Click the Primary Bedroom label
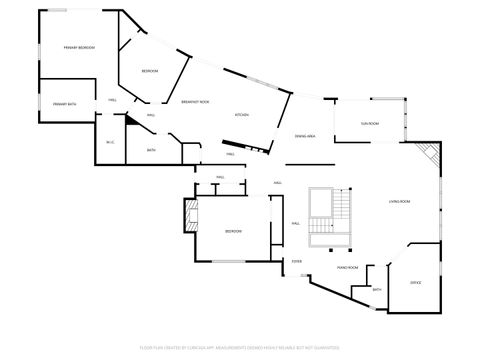tap(79, 47)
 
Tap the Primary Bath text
tap(66, 104)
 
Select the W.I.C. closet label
tap(110, 141)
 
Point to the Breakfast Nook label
tap(195, 102)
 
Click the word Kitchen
tap(241, 115)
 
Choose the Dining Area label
tap(305, 135)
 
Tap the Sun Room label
tap(370, 124)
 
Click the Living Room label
tap(400, 202)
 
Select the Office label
tap(415, 283)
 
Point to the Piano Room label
tap(347, 268)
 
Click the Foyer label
tap(297, 261)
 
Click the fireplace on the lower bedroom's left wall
tap(187, 214)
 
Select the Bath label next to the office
tap(377, 290)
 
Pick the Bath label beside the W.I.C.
tap(151, 150)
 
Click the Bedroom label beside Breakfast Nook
tap(150, 71)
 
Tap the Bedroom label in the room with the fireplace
tap(232, 231)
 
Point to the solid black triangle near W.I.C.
tap(130, 117)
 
